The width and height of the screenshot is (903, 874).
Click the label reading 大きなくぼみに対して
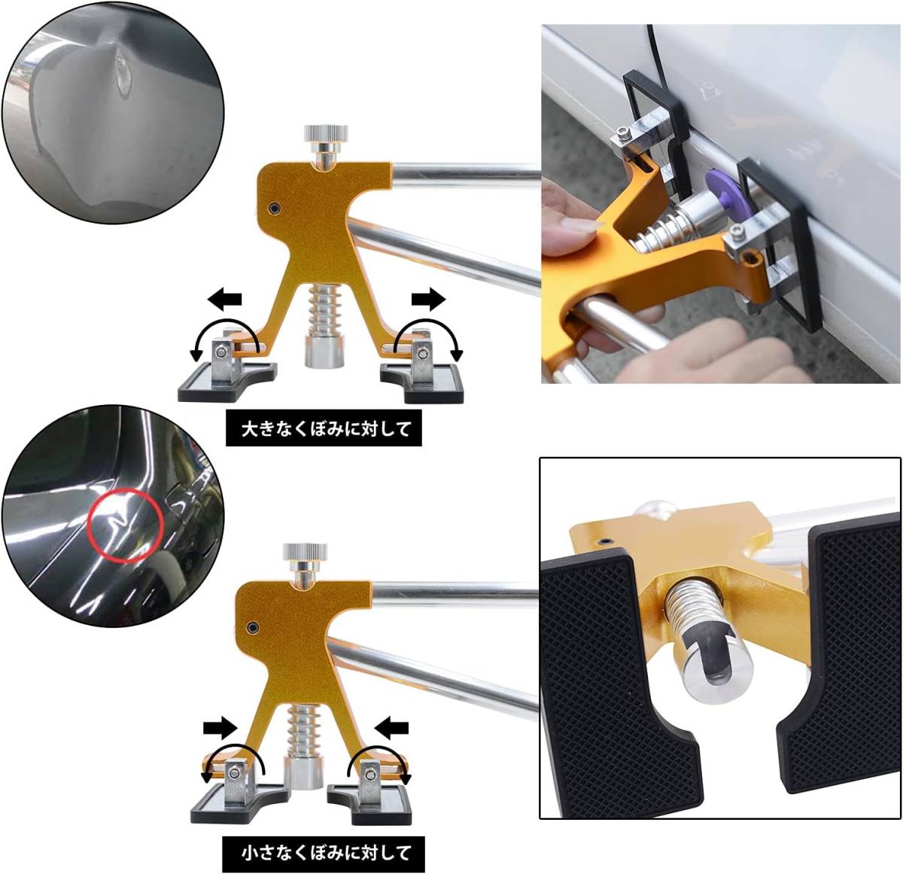click(324, 428)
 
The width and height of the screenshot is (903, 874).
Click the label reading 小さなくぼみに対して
click(324, 853)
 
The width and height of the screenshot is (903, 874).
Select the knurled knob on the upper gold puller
click(326, 133)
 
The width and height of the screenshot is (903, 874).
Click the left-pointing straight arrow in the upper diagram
click(224, 298)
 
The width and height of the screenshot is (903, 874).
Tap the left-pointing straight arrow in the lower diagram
click(392, 727)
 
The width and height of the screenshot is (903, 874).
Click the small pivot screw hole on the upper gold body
click(275, 208)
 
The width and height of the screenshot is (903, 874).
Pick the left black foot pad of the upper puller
click(227, 382)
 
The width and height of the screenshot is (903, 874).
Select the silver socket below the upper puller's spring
click(324, 354)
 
